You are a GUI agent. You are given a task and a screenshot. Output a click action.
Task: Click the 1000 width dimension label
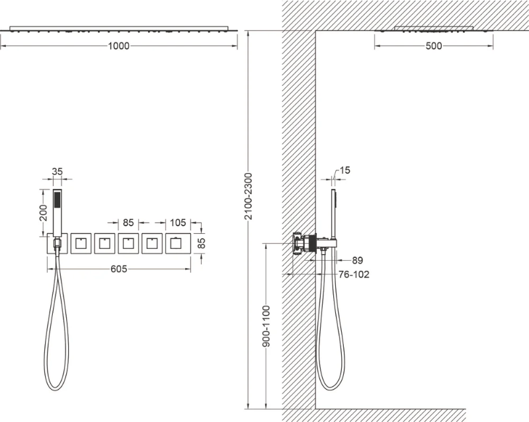point(119,46)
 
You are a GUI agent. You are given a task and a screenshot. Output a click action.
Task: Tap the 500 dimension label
point(434,46)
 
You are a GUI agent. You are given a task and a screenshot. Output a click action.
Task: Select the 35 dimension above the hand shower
point(58,172)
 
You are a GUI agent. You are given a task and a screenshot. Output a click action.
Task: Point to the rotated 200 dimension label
point(44,213)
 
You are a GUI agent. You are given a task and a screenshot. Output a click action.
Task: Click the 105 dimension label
point(178,223)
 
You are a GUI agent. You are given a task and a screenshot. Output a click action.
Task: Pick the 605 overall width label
point(119,269)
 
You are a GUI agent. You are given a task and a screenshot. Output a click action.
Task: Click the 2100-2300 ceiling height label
point(249,196)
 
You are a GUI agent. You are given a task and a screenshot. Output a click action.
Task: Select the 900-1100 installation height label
point(266,326)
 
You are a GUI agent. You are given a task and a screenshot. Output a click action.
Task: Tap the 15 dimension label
point(345,170)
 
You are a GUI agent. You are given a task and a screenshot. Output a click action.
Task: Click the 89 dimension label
point(357,260)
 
